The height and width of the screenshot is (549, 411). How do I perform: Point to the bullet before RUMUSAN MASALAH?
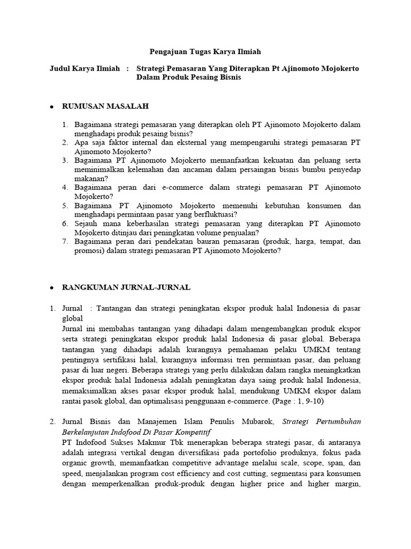[x=52, y=107]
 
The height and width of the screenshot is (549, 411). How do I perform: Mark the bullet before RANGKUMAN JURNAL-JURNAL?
[x=52, y=288]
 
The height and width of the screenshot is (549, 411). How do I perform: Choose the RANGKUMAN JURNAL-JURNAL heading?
[x=126, y=287]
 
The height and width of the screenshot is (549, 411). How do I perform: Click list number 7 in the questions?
[x=64, y=242]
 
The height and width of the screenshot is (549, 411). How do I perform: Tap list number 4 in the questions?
[x=64, y=188]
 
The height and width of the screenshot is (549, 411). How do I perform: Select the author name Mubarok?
[x=255, y=422]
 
